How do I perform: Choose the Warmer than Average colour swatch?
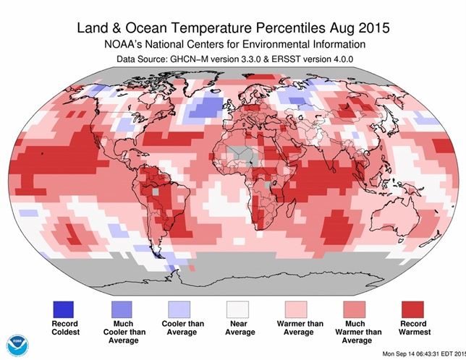click(x=295, y=297)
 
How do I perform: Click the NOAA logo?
click(x=14, y=344)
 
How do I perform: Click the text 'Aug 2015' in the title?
click(x=360, y=30)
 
